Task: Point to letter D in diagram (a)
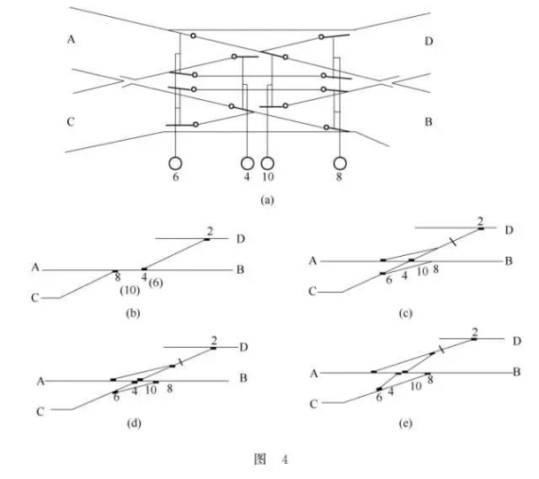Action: point(428,41)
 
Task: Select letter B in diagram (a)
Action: point(428,121)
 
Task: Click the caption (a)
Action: point(267,201)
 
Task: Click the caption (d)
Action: point(136,423)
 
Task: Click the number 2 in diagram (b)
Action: point(210,232)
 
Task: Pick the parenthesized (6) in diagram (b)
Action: point(156,282)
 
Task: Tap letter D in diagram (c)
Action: point(510,231)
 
